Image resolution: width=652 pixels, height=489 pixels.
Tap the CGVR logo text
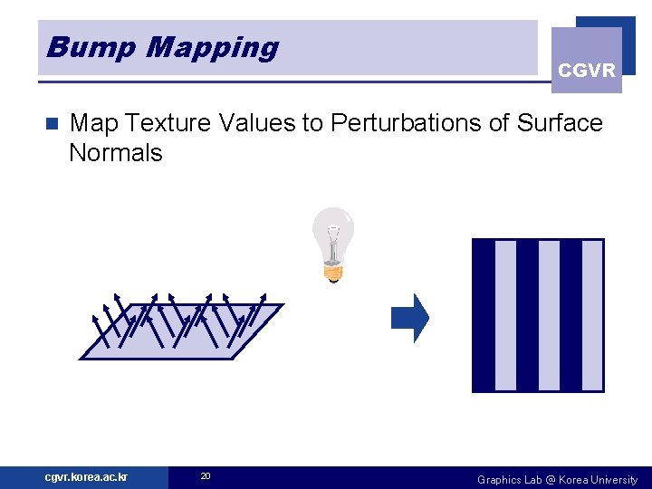coord(587,70)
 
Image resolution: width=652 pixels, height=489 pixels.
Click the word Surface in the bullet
coord(560,123)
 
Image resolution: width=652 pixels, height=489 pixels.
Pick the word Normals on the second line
coord(115,153)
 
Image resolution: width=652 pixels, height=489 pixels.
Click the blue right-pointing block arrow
coord(409,318)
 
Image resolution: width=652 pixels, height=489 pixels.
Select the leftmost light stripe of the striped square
coord(505,315)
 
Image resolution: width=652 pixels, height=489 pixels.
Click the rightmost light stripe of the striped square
coord(592,315)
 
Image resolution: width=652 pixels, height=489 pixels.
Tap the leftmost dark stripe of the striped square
coord(484,315)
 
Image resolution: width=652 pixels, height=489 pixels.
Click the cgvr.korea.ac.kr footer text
coord(86,477)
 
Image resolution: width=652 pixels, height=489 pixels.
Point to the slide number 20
coord(206,476)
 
